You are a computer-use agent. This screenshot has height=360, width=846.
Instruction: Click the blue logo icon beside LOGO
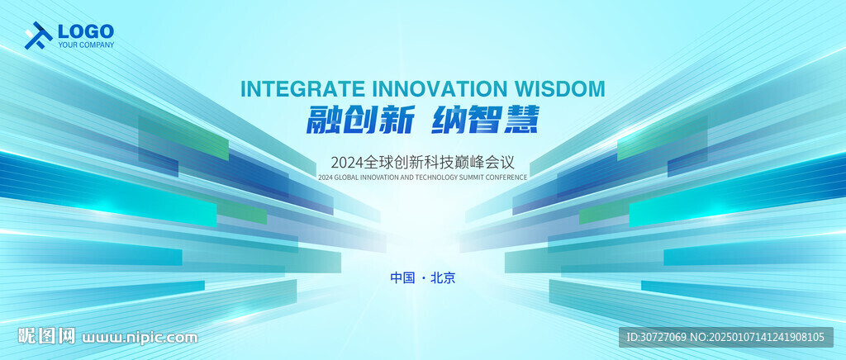click(x=38, y=36)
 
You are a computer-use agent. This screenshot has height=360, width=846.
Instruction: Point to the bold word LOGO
click(x=86, y=31)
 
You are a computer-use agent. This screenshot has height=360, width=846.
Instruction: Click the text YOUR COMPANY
click(x=86, y=45)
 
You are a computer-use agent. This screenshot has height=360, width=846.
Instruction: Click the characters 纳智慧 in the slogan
click(x=485, y=119)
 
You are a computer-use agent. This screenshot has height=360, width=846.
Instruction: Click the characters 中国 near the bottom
click(x=402, y=278)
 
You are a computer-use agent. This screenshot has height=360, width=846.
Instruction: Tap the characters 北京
click(x=444, y=278)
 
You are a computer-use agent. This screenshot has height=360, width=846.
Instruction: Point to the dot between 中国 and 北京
click(x=423, y=278)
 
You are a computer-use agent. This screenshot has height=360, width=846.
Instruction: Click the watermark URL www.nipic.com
click(x=140, y=338)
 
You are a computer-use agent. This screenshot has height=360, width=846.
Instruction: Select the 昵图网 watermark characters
click(x=46, y=336)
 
